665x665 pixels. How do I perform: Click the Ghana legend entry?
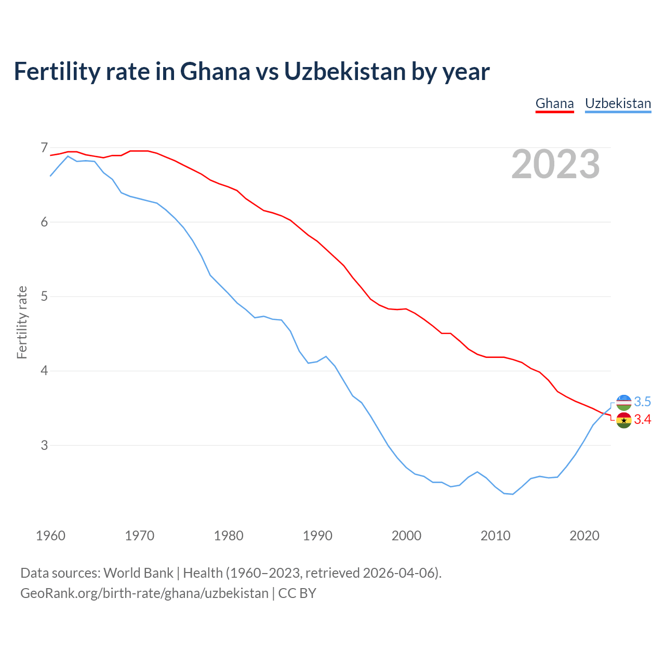point(554,103)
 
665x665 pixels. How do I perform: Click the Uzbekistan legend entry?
point(618,103)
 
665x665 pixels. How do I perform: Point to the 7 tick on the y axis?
point(44,148)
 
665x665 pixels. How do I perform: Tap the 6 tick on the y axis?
point(44,222)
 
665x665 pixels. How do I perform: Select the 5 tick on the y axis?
point(44,297)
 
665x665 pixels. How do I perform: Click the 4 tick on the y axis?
point(44,371)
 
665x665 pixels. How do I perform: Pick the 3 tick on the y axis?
point(44,445)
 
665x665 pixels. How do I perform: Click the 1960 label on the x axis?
point(50,536)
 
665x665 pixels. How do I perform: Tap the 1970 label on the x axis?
point(140,536)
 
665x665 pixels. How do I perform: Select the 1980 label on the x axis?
point(229,536)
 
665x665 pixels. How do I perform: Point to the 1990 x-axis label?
point(317,536)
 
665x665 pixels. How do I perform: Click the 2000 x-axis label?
point(406,536)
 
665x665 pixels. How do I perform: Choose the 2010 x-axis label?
point(496,536)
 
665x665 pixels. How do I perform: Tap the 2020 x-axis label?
point(584,536)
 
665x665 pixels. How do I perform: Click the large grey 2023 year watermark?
point(555,164)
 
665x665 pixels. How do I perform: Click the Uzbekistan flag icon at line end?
point(623,402)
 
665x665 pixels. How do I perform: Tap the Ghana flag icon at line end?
point(623,420)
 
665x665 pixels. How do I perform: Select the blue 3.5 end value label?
point(642,402)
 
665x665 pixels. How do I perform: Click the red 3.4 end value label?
point(642,420)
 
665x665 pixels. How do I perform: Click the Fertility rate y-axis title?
point(22,322)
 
